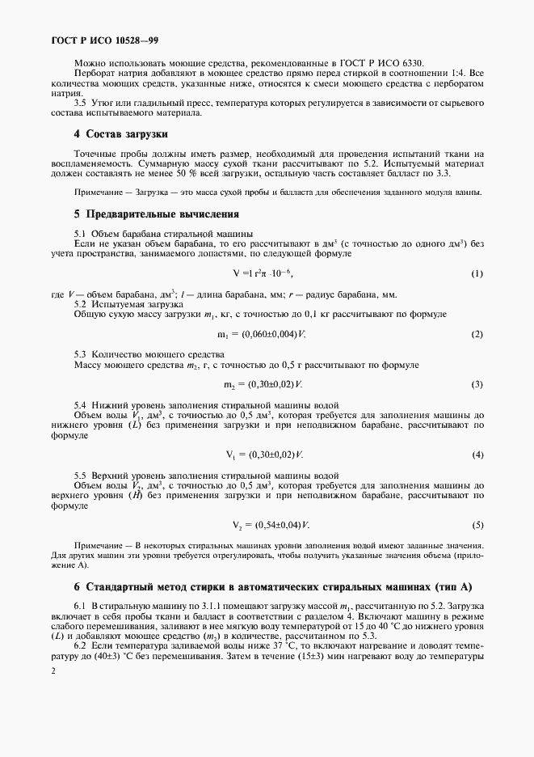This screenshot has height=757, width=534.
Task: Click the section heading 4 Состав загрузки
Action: [121, 133]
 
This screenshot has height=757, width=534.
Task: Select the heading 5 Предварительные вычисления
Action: [157, 214]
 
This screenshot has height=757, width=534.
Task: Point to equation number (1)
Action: [477, 274]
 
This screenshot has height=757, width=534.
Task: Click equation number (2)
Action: [477, 334]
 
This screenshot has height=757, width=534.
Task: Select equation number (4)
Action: [477, 455]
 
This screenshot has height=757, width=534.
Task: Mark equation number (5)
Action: [477, 525]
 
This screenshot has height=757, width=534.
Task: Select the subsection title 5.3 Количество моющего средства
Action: [150, 354]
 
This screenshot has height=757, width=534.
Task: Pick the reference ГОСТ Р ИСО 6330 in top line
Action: [384, 62]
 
